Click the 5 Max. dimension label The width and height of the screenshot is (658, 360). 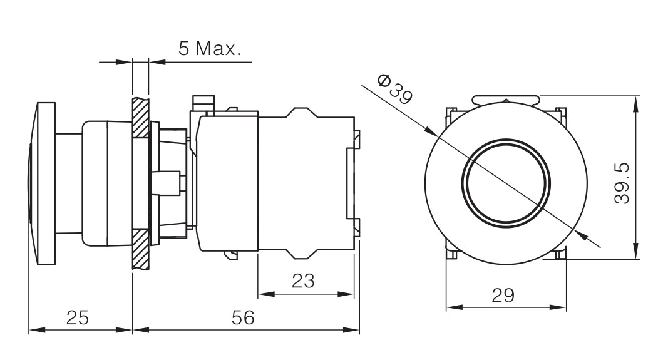tap(210, 48)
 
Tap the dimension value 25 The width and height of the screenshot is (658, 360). tap(78, 317)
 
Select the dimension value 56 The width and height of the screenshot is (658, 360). tap(243, 317)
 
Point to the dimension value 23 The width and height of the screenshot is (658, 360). tap(303, 280)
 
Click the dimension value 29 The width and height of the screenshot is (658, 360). tap(503, 296)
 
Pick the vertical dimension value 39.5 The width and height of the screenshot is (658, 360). tap(622, 183)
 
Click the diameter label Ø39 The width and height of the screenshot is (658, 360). tap(395, 88)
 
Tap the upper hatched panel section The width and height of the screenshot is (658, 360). tap(141, 118)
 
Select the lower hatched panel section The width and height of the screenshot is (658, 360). tap(141, 249)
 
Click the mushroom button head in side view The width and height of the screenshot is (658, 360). tap(42, 183)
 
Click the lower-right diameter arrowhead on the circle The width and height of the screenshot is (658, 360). tap(581, 235)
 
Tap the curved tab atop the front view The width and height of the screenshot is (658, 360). tap(506, 100)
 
